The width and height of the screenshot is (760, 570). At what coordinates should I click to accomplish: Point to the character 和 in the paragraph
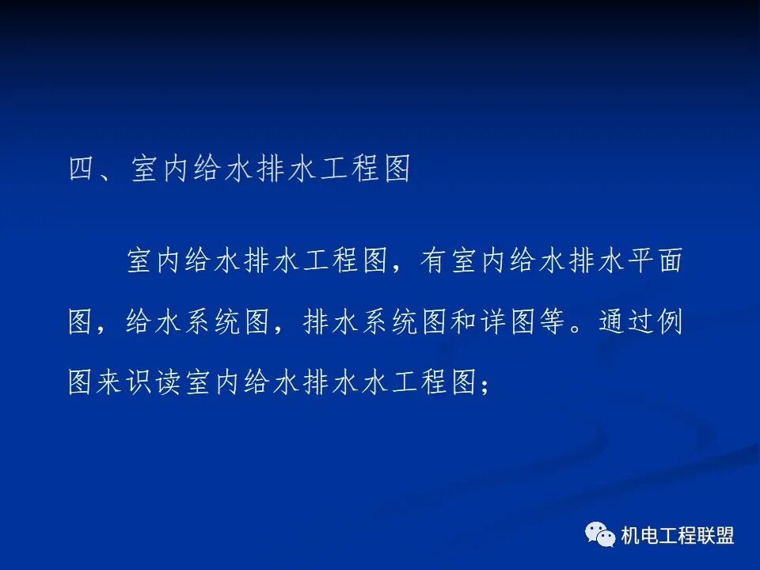coord(463,323)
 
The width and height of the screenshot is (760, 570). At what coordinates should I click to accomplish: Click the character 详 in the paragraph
coord(492,323)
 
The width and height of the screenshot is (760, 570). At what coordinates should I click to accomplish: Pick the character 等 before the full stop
coord(552,323)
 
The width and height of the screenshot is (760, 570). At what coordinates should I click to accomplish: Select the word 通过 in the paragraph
coord(625,323)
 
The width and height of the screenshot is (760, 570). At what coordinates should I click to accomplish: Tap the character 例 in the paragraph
coord(669,323)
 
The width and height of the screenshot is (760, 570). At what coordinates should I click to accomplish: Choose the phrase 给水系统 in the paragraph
coord(184,323)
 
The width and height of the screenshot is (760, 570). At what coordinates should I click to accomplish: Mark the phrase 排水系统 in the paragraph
coord(361,323)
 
